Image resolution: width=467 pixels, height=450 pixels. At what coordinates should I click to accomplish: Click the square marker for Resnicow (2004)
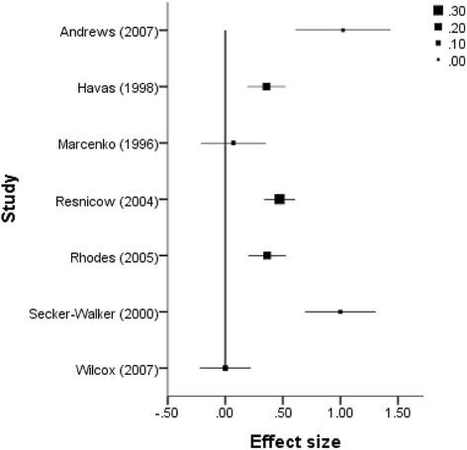[279, 199]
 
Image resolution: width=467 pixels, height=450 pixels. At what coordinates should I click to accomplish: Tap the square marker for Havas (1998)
[266, 87]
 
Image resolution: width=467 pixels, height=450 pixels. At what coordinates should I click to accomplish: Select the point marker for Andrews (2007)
[342, 30]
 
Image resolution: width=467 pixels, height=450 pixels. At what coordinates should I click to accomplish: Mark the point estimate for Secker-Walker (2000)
[340, 312]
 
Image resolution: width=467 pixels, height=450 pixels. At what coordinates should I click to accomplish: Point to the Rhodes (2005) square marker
[267, 255]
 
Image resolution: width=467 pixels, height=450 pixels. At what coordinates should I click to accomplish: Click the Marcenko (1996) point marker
[233, 142]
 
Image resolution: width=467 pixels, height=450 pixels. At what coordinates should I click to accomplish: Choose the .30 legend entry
[448, 11]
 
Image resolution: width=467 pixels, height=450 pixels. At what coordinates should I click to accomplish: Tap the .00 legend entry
[448, 61]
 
